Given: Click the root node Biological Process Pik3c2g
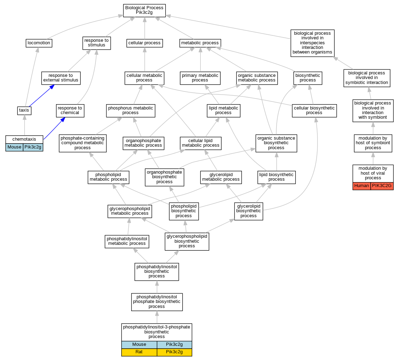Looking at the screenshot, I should pos(144,10).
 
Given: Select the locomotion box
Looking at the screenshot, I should pos(39,43).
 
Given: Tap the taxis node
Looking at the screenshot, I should pos(24,110).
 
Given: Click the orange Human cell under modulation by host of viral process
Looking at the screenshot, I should pos(361,186).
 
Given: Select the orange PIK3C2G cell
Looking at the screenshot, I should pos(382,186).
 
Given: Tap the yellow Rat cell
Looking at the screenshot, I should pos(139,352).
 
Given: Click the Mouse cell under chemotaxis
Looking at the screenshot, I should pos(15,147).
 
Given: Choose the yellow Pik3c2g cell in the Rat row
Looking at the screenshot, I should pos(174,352).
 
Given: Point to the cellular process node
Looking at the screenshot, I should pos(144,43).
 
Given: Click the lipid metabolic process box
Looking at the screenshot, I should pos(223,110).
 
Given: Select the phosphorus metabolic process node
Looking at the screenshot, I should pos(130,110).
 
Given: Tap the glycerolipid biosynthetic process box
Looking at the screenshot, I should pos(248,211).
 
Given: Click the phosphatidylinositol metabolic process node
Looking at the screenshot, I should pos(127,241).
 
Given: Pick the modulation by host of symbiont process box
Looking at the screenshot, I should pos(373,143).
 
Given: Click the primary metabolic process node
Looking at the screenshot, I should pos(200,78).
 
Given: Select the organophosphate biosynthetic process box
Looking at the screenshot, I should pos(164,177).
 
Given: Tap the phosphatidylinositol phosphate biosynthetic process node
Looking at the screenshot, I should pos(157,302).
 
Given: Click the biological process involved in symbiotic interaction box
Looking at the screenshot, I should pos(367,78).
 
